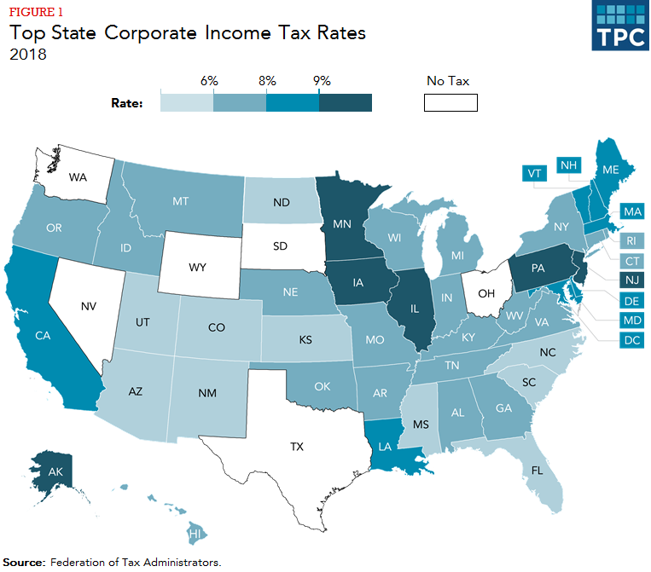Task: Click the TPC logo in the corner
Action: [620, 26]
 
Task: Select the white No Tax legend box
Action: [450, 103]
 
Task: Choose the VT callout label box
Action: [536, 173]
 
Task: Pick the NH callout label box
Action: [568, 165]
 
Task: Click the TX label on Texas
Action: [298, 447]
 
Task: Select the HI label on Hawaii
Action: [195, 534]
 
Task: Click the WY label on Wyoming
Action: [197, 268]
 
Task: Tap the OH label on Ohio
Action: [485, 294]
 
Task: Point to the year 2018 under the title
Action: [27, 54]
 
